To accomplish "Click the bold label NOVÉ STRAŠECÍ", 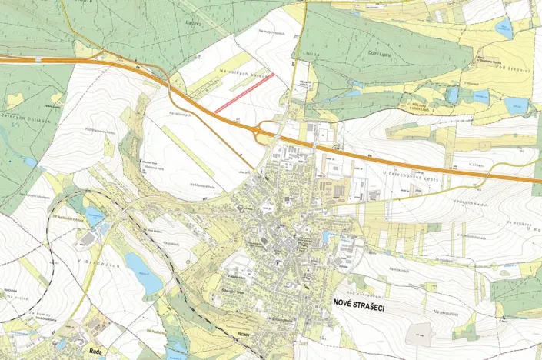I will click(x=358, y=306).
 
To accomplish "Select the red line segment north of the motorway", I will click(x=244, y=93).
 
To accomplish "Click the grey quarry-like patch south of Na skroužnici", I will click(x=420, y=332).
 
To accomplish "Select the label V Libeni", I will click(x=476, y=163).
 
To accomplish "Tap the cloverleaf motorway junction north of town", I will click(x=271, y=128).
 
